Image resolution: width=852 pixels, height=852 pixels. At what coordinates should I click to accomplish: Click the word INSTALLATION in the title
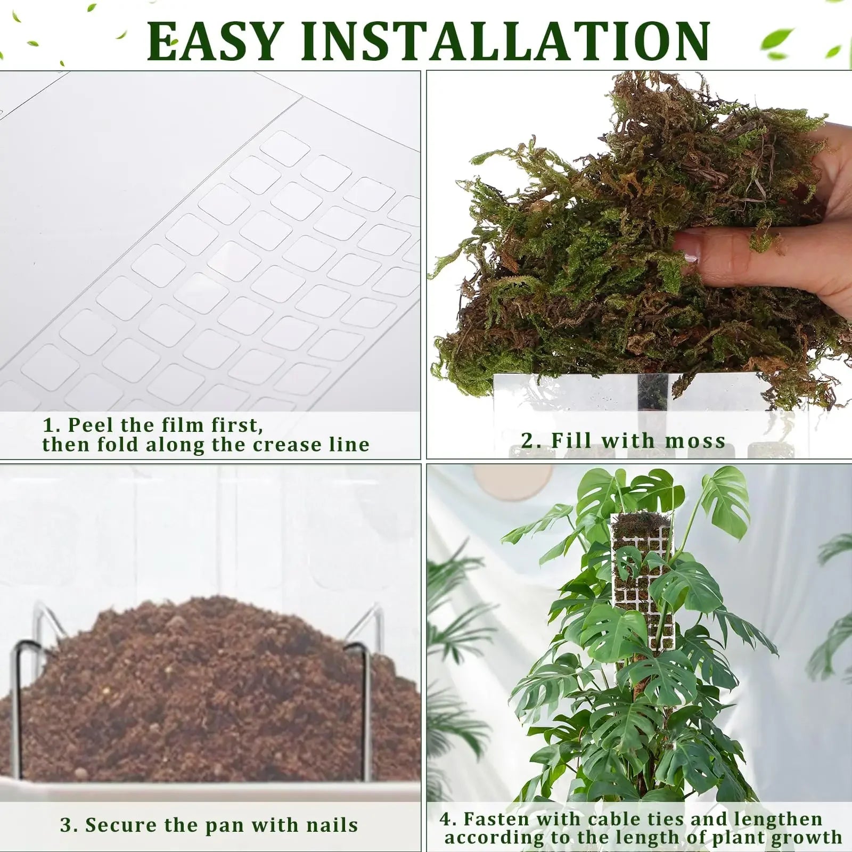pyautogui.click(x=505, y=42)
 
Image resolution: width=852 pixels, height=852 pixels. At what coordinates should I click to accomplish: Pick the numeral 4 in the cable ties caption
pyautogui.click(x=446, y=819)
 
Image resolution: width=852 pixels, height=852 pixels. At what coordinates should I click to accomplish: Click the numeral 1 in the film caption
pyautogui.click(x=48, y=425)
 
